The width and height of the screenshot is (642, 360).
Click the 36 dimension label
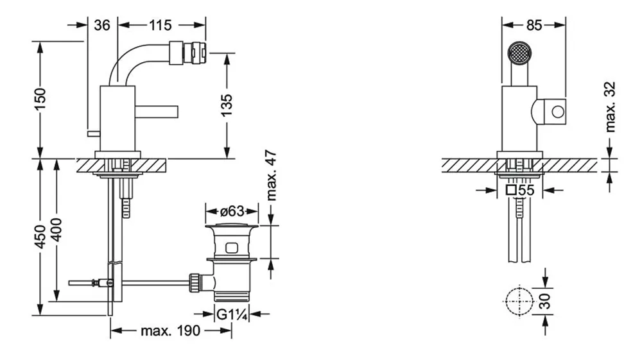[102, 26]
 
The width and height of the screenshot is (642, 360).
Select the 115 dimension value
[160, 26]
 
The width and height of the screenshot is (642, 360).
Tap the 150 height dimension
[40, 99]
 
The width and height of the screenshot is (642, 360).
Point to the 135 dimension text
[227, 105]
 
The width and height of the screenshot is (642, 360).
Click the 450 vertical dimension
[40, 236]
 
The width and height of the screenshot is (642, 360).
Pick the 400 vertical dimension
[56, 230]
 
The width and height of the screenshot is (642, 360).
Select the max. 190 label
[171, 330]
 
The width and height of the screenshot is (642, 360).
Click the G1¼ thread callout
[232, 314]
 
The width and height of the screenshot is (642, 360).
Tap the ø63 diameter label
[232, 212]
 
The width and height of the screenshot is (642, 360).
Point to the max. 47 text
[271, 176]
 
